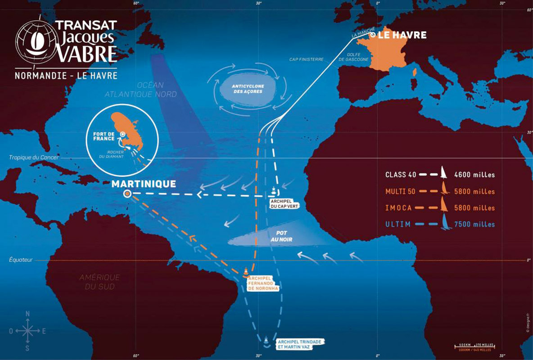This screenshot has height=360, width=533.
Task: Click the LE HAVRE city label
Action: (402, 35)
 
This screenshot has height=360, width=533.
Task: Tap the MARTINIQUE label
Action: (144, 184)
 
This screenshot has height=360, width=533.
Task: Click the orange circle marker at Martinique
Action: (127, 194)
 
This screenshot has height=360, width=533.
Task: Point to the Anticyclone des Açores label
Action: (248, 88)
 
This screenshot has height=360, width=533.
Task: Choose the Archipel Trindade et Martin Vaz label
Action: (300, 344)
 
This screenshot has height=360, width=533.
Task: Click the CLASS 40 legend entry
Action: (400, 175)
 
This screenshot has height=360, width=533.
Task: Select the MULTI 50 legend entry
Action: (400, 191)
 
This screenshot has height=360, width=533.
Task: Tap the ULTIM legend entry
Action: (398, 224)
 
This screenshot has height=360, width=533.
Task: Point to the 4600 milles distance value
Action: (474, 175)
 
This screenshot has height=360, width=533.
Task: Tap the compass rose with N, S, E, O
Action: (27, 331)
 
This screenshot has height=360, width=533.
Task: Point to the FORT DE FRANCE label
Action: (104, 136)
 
